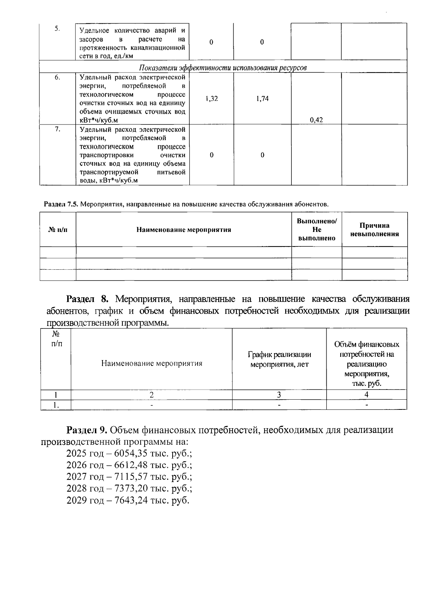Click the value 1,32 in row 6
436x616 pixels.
coord(211,98)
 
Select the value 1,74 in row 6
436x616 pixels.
coord(262,98)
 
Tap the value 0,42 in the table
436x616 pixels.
coord(316,120)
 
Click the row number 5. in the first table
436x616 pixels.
coord(57,29)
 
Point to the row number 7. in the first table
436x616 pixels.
coord(57,130)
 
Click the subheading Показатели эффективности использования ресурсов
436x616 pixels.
coord(223,68)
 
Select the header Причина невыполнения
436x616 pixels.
coord(374,230)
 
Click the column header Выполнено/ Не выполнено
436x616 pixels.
coord(316,230)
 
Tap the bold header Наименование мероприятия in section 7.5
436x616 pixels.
coord(183,230)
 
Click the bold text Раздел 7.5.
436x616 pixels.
coord(61,204)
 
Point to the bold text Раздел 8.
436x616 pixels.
coord(88,299)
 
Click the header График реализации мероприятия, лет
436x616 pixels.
coord(279,359)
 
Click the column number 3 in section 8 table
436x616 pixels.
coord(279,395)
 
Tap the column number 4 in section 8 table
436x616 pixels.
coord(366,395)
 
